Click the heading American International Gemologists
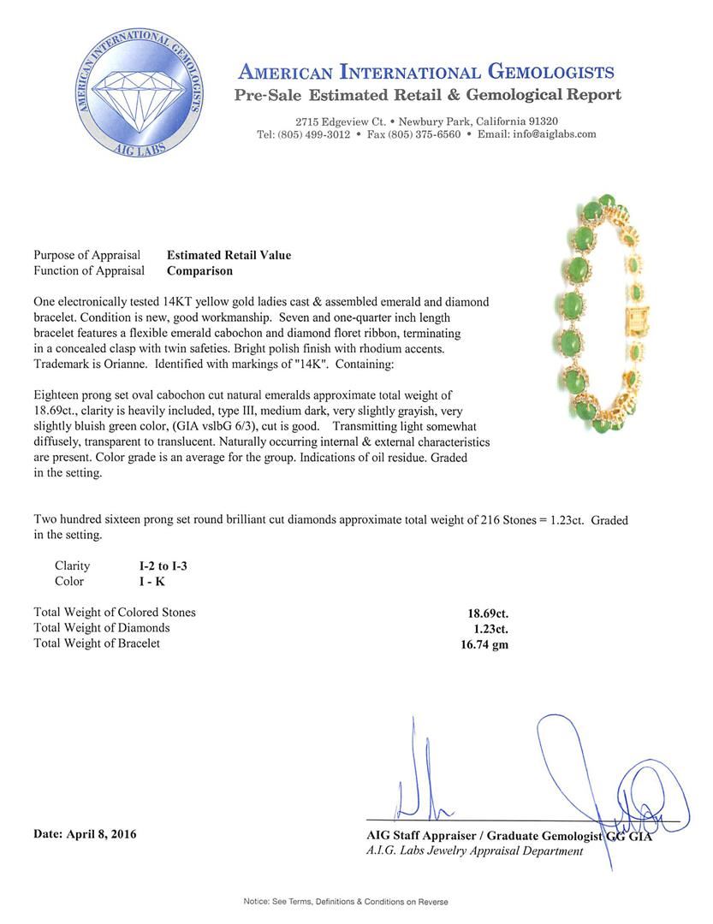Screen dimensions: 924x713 [x=425, y=72]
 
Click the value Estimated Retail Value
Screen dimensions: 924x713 [x=229, y=255]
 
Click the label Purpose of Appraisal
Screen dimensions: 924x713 [x=86, y=255]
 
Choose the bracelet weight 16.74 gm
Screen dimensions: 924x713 [x=484, y=645]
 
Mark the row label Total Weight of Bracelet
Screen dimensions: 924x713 [x=97, y=643]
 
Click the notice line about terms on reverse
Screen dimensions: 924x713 [x=346, y=902]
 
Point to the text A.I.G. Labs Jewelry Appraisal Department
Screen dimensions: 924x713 [x=474, y=851]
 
